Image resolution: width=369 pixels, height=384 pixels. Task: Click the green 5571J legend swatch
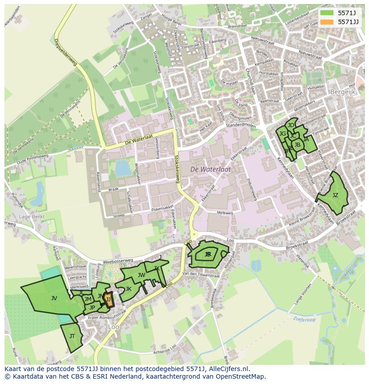click(327, 13)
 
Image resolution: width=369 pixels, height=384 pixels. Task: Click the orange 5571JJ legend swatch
click(327, 22)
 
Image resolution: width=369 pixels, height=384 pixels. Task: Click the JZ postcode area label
click(335, 195)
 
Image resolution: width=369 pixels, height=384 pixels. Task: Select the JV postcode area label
click(54, 298)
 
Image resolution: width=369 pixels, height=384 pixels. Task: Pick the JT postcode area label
click(72, 336)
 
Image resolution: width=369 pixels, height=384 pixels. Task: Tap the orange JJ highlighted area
click(108, 300)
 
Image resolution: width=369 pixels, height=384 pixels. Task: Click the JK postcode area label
click(128, 289)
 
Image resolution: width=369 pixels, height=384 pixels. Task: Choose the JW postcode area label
click(141, 275)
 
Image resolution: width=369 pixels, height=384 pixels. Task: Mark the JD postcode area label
click(291, 125)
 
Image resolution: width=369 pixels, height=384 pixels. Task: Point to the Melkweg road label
click(225, 213)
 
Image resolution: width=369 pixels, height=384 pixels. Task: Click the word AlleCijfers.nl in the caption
click(227, 369)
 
